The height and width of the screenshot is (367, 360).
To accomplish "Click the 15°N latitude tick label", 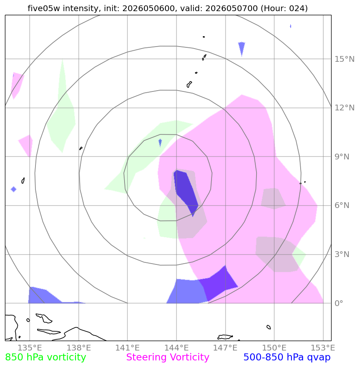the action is (x=344, y=59).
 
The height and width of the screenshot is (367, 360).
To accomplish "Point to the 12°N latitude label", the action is (x=344, y=108).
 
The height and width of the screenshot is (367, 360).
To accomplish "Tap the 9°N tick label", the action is (x=342, y=157).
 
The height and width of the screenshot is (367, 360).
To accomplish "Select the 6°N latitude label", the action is (x=342, y=205).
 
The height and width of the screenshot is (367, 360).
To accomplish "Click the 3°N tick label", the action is (x=342, y=254).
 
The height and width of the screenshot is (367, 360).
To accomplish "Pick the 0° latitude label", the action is (x=339, y=303).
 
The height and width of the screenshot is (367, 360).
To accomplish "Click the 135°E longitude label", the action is (x=30, y=348).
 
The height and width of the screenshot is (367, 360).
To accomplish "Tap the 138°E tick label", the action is (x=79, y=348).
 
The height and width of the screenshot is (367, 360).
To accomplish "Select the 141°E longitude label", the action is (x=127, y=348).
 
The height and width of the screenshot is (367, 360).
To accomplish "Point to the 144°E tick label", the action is (x=176, y=348).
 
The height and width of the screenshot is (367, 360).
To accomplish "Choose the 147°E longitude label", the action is (x=225, y=348).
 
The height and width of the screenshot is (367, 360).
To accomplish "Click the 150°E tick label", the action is (x=274, y=348).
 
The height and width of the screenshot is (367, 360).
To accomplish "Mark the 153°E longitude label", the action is (x=323, y=348).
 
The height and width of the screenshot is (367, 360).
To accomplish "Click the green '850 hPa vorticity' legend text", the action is (x=45, y=357).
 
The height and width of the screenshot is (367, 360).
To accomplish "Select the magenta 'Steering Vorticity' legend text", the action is (x=167, y=357).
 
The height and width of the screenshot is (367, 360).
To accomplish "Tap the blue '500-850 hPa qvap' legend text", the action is (x=287, y=357).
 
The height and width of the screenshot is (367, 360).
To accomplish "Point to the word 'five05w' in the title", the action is (x=44, y=8).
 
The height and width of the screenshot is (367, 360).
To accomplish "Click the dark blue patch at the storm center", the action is (x=186, y=191).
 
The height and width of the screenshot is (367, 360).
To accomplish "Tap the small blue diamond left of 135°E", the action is (x=14, y=189).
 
